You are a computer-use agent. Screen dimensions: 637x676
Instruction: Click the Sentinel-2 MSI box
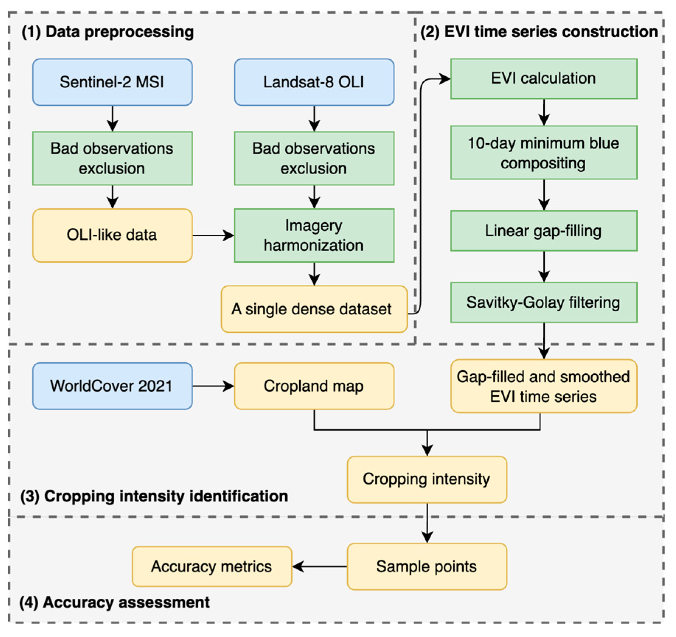(112, 82)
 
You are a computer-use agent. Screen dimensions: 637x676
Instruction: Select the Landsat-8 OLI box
(314, 82)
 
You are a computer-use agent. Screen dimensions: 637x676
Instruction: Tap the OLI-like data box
(112, 235)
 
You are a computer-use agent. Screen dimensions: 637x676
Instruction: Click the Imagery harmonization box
(314, 235)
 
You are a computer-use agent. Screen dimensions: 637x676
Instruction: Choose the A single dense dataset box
(314, 309)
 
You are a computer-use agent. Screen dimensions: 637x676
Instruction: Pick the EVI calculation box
(543, 78)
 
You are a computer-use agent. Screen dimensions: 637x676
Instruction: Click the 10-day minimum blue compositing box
(543, 153)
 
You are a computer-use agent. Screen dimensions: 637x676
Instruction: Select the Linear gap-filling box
(543, 231)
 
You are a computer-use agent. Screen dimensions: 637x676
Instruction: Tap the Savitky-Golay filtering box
(543, 302)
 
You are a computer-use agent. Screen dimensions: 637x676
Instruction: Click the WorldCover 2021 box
(112, 386)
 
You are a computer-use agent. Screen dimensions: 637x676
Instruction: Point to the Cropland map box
(314, 386)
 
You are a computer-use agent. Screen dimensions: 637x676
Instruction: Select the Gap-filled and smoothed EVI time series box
(543, 386)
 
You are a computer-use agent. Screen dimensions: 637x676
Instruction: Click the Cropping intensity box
(426, 479)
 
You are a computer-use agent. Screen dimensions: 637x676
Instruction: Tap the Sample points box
(426, 566)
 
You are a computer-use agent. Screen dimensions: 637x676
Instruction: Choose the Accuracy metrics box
(212, 566)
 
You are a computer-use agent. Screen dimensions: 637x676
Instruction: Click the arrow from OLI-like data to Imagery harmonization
(213, 235)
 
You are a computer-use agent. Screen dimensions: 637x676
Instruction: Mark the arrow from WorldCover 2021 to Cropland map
(213, 386)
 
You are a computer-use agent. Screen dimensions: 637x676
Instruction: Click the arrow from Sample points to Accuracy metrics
(319, 566)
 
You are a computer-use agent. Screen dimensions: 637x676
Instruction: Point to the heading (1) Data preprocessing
(108, 32)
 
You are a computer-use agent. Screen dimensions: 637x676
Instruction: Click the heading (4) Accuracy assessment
(115, 602)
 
